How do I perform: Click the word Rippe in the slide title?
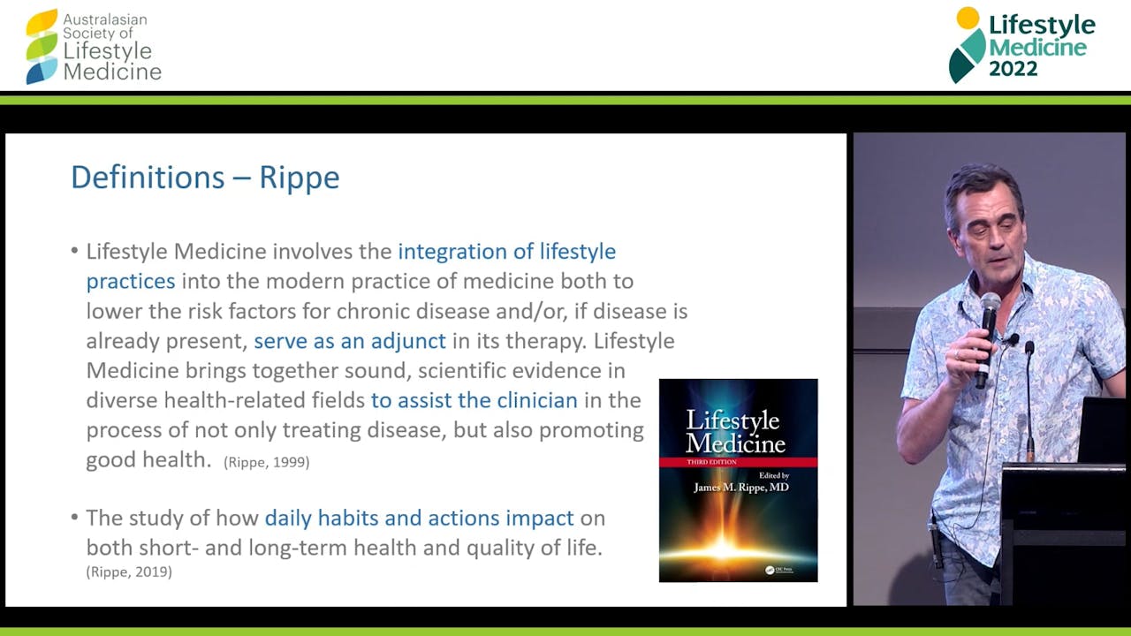[300, 178]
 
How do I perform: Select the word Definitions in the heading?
[148, 177]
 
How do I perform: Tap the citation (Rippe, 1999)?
[267, 462]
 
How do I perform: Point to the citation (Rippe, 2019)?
[129, 572]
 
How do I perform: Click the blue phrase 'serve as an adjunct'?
[350, 341]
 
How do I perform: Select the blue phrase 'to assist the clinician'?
[474, 400]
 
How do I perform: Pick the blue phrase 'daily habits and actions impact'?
[419, 519]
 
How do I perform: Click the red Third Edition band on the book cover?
[738, 462]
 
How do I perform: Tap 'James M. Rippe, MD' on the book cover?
[740, 487]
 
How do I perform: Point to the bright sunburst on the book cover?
[725, 548]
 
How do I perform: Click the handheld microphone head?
[990, 306]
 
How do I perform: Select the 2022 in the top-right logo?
[1013, 69]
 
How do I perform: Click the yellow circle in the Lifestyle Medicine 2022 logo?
[968, 19]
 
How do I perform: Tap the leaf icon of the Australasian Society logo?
[42, 47]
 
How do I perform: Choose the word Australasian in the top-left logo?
[105, 19]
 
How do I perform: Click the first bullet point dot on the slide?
[75, 250]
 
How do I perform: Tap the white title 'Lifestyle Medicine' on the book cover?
[734, 432]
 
